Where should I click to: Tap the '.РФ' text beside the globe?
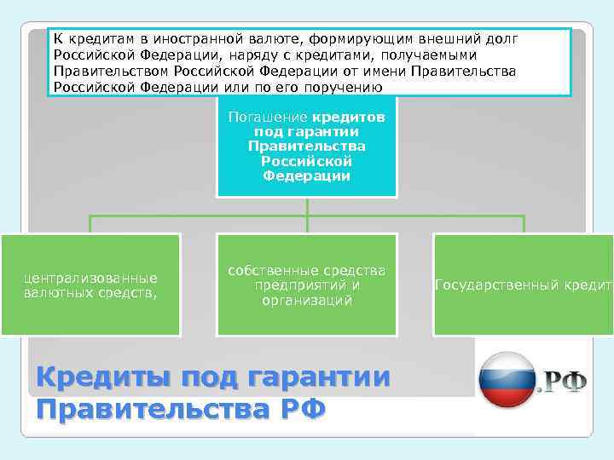(561, 382)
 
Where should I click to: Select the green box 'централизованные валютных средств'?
(90, 285)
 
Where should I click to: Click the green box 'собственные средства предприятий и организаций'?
(306, 285)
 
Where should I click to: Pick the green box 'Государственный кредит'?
(523, 285)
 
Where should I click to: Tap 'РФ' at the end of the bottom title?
(303, 410)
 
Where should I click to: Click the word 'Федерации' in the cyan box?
(306, 176)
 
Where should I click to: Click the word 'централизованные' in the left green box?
(90, 278)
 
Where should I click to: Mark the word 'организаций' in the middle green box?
(306, 300)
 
